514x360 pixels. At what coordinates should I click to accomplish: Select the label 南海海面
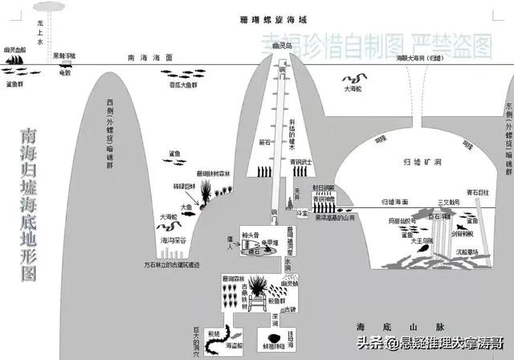(x=150, y=59)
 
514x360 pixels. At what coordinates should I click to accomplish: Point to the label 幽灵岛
(x=280, y=47)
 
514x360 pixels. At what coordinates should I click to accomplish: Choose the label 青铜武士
(x=306, y=160)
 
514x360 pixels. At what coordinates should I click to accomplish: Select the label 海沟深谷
(x=175, y=240)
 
